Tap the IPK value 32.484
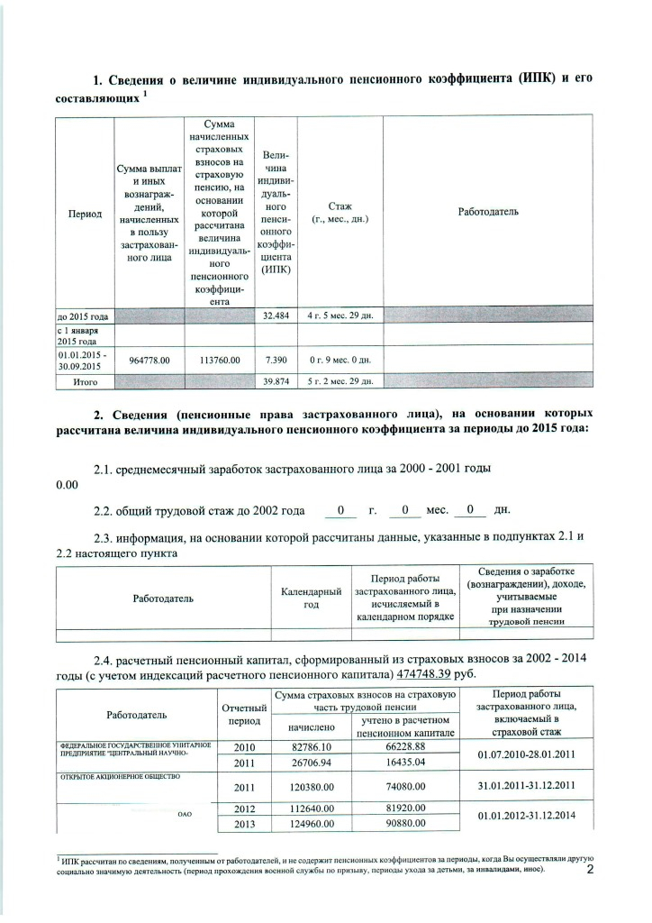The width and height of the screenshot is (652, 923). tap(275, 316)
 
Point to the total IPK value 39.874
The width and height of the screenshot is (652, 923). tap(275, 382)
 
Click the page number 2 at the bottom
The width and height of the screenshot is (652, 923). tap(590, 872)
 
